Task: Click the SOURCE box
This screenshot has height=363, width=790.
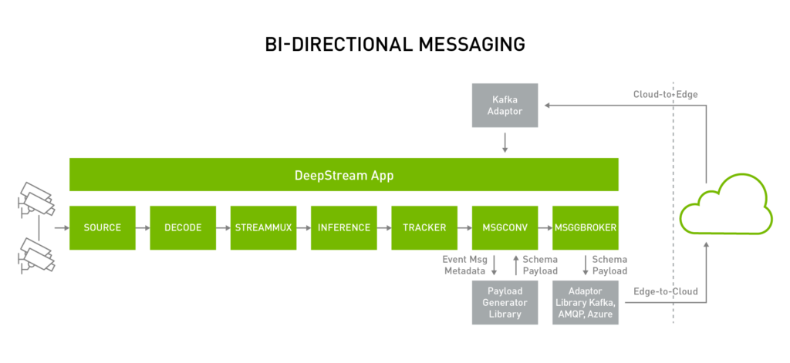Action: click(103, 227)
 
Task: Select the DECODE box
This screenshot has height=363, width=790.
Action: click(183, 227)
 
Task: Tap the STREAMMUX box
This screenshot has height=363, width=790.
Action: click(263, 227)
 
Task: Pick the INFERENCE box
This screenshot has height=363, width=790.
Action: click(343, 227)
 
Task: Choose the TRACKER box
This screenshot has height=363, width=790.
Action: click(424, 227)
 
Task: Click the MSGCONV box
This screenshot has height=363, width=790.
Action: click(505, 227)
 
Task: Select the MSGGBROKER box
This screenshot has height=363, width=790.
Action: click(585, 227)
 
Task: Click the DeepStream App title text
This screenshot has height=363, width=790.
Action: click(344, 175)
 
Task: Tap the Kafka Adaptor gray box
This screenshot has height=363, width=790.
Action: click(505, 106)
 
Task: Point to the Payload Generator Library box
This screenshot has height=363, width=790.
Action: click(505, 302)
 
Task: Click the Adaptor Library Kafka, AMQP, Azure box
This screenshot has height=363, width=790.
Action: click(585, 302)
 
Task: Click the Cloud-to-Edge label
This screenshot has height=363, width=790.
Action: click(665, 94)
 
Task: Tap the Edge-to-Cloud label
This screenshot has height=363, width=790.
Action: click(665, 292)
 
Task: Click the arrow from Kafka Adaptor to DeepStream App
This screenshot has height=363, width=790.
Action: click(505, 142)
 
